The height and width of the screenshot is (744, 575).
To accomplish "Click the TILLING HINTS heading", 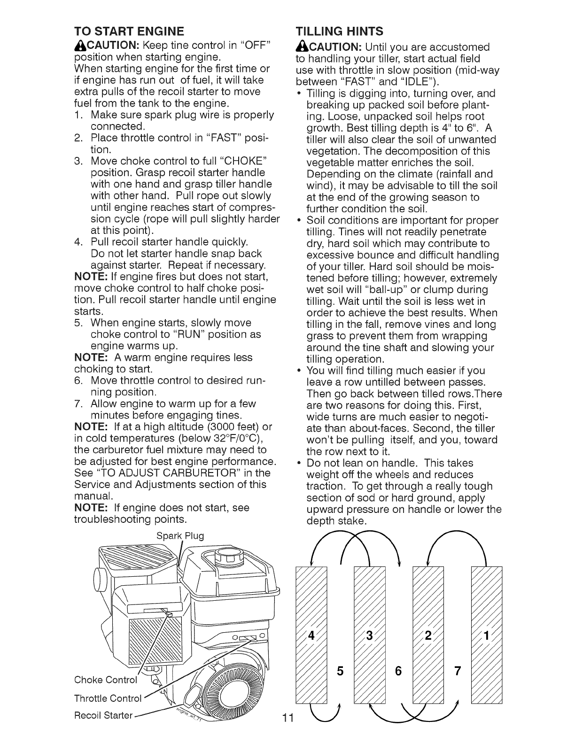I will pyautogui.click(x=339, y=31).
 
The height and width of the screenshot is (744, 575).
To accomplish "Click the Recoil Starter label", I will pyautogui.click(x=103, y=715).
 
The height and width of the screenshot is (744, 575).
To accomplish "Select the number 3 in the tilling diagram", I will pyautogui.click(x=369, y=637).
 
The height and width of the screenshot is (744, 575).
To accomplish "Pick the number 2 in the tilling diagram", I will pyautogui.click(x=427, y=637).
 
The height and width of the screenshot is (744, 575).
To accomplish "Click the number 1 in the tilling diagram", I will pyautogui.click(x=487, y=637).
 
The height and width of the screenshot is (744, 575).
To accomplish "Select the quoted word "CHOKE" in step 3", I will pyautogui.click(x=248, y=161).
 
